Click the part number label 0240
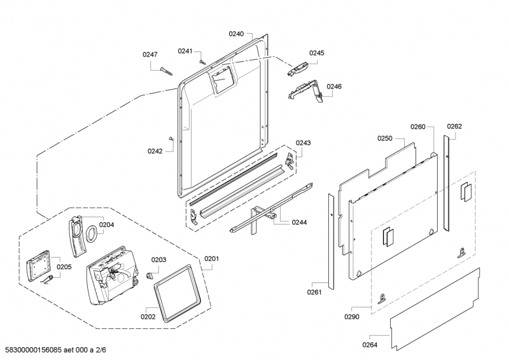click(236, 33)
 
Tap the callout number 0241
click(185, 51)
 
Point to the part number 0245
click(317, 53)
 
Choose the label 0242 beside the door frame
click(155, 151)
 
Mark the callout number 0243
click(303, 142)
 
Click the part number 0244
click(299, 222)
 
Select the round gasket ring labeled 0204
click(92, 233)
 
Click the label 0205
click(64, 267)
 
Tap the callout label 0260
click(417, 127)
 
